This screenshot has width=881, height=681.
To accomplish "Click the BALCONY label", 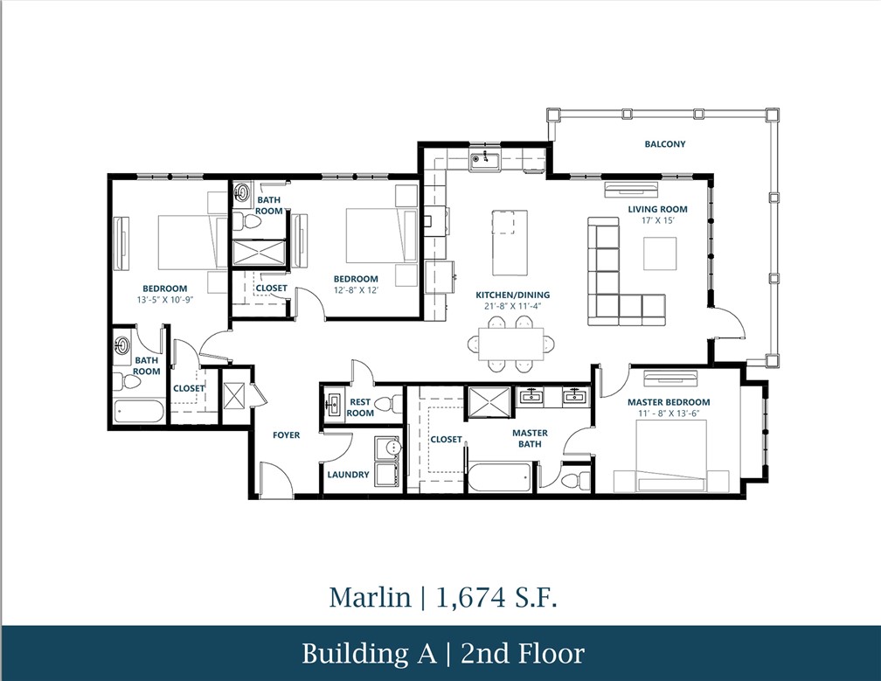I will pyautogui.click(x=664, y=144).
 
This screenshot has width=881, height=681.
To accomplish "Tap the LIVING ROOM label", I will pyautogui.click(x=657, y=209).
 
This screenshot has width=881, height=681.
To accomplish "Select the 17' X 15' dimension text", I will pyautogui.click(x=658, y=220).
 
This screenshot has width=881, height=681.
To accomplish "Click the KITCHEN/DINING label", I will pyautogui.click(x=512, y=295).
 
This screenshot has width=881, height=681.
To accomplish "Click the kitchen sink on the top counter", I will pyautogui.click(x=482, y=159).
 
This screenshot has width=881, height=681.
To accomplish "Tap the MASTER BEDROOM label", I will pyautogui.click(x=669, y=402).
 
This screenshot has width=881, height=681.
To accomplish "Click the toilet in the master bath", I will pyautogui.click(x=573, y=479).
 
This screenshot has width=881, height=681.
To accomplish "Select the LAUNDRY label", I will pyautogui.click(x=348, y=475).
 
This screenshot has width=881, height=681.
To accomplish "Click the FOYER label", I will pyautogui.click(x=286, y=434).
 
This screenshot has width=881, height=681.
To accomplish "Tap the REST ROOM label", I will pyautogui.click(x=360, y=407).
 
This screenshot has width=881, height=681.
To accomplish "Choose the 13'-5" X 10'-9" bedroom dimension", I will pyautogui.click(x=165, y=300).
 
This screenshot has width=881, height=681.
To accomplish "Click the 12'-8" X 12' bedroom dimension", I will pyautogui.click(x=355, y=290).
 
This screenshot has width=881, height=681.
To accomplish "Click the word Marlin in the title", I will pyautogui.click(x=369, y=597).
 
